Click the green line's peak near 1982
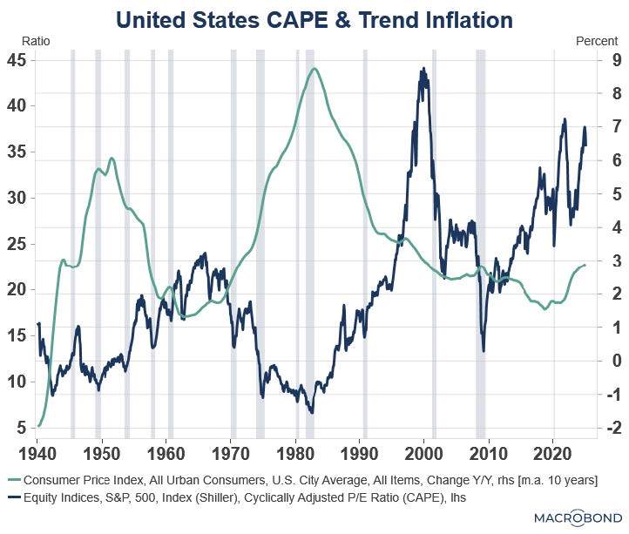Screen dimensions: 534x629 click(314, 69)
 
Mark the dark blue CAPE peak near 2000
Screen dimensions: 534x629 click(423, 69)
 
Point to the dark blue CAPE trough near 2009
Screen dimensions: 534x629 click(484, 350)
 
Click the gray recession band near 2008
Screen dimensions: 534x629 click(481, 244)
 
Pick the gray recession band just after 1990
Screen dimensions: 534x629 click(365, 244)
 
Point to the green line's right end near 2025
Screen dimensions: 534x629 click(585, 265)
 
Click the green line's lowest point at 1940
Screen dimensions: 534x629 click(39, 425)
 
